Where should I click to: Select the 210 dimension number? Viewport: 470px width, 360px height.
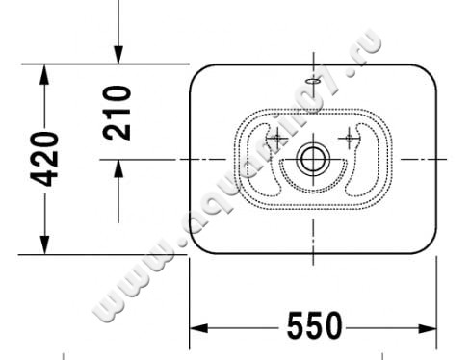[117, 112]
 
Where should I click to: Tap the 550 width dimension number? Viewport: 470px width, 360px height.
[314, 328]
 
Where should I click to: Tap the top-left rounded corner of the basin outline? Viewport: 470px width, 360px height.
[198, 73]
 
